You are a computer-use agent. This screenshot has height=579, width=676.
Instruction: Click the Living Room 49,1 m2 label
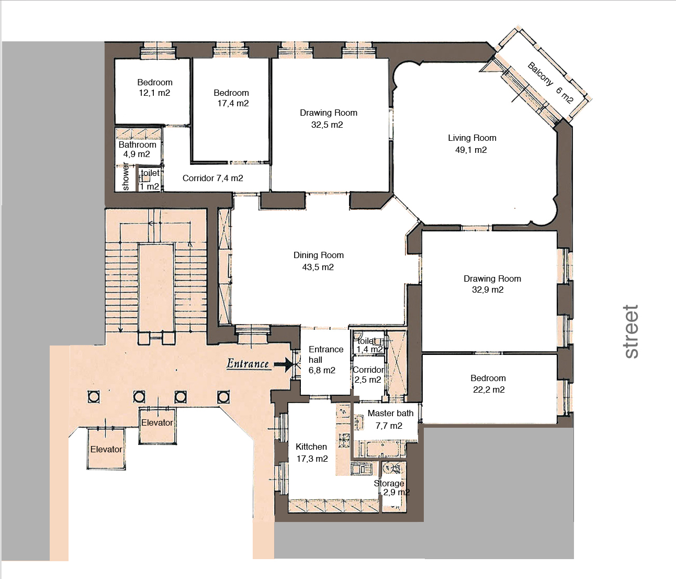(x=472, y=143)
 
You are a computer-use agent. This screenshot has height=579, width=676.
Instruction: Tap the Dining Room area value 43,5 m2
(x=318, y=267)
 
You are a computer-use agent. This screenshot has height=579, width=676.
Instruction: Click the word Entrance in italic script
(x=248, y=364)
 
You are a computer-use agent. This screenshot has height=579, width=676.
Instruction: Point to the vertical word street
(x=631, y=331)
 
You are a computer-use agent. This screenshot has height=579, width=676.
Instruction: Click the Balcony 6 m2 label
(x=550, y=83)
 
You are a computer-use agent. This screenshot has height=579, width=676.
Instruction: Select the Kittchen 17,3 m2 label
(x=312, y=453)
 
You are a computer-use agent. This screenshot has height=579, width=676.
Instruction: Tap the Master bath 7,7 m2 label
(x=390, y=419)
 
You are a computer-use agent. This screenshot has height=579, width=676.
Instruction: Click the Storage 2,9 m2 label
(x=391, y=488)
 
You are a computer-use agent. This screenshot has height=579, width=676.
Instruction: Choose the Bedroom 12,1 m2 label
(x=155, y=87)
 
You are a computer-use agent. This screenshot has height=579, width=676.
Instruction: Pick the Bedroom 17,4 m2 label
(x=232, y=98)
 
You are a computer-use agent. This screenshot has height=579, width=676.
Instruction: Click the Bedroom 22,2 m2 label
(x=488, y=384)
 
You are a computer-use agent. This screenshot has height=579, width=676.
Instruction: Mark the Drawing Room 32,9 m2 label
(x=492, y=284)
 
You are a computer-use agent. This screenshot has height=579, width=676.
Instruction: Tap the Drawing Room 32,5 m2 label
(x=329, y=118)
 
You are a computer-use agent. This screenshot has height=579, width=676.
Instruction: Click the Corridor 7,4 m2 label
(x=212, y=178)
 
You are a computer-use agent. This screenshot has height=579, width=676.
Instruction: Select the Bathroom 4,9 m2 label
(x=138, y=149)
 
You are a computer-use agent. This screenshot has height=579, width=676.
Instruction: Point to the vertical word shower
(x=126, y=176)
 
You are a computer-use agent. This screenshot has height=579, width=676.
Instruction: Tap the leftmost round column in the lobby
(x=94, y=397)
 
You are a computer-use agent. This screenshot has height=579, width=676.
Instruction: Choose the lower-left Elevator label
(x=106, y=449)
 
